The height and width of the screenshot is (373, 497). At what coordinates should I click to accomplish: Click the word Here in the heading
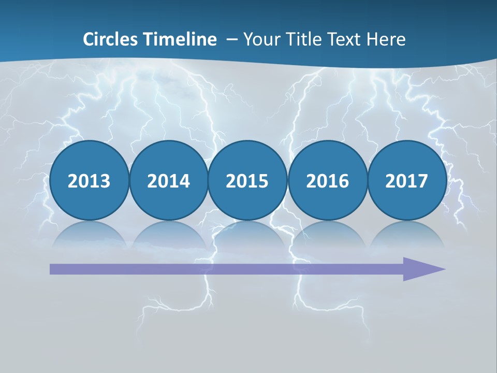point(386,39)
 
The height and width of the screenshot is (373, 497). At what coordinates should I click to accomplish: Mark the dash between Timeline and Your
point(232,40)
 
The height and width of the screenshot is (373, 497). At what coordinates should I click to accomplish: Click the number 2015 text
point(247,181)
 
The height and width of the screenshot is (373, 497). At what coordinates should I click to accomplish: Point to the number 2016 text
point(327,181)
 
